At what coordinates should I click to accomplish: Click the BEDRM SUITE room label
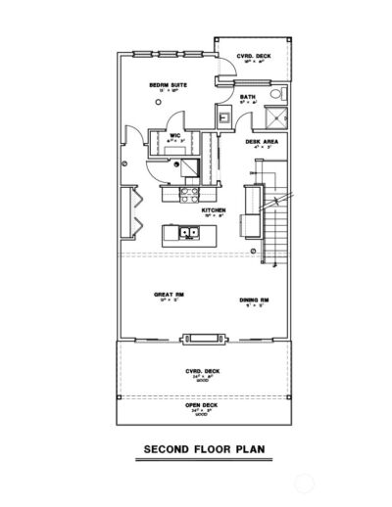(168, 85)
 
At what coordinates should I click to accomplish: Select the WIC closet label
(173, 136)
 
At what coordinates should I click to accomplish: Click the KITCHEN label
(215, 209)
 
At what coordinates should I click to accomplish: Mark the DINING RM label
(254, 300)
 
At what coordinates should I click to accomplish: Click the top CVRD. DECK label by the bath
(251, 57)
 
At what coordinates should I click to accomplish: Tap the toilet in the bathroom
(277, 95)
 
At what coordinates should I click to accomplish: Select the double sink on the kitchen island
(187, 234)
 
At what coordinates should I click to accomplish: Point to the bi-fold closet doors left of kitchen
(125, 211)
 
